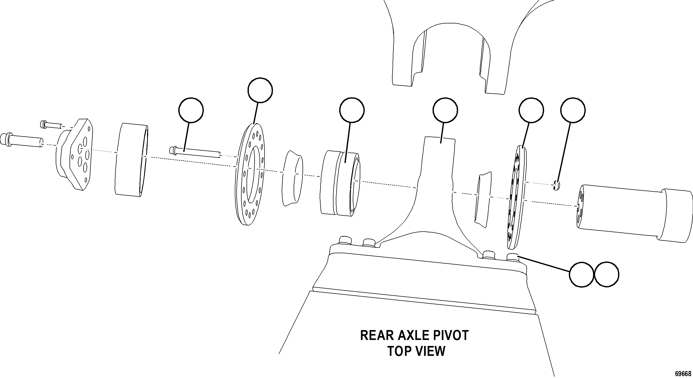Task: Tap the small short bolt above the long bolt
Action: pyautogui.click(x=51, y=125)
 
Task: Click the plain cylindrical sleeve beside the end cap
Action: pyautogui.click(x=131, y=160)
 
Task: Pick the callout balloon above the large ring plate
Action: pyautogui.click(x=260, y=90)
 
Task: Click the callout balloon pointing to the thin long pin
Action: pyautogui.click(x=191, y=110)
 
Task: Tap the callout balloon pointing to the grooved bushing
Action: pyautogui.click(x=352, y=110)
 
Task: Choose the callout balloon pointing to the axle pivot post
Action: pyautogui.click(x=445, y=110)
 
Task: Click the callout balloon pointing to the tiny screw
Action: pyautogui.click(x=573, y=110)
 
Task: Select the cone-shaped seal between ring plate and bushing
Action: pyautogui.click(x=292, y=178)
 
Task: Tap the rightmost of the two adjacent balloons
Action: pyautogui.click(x=606, y=274)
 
